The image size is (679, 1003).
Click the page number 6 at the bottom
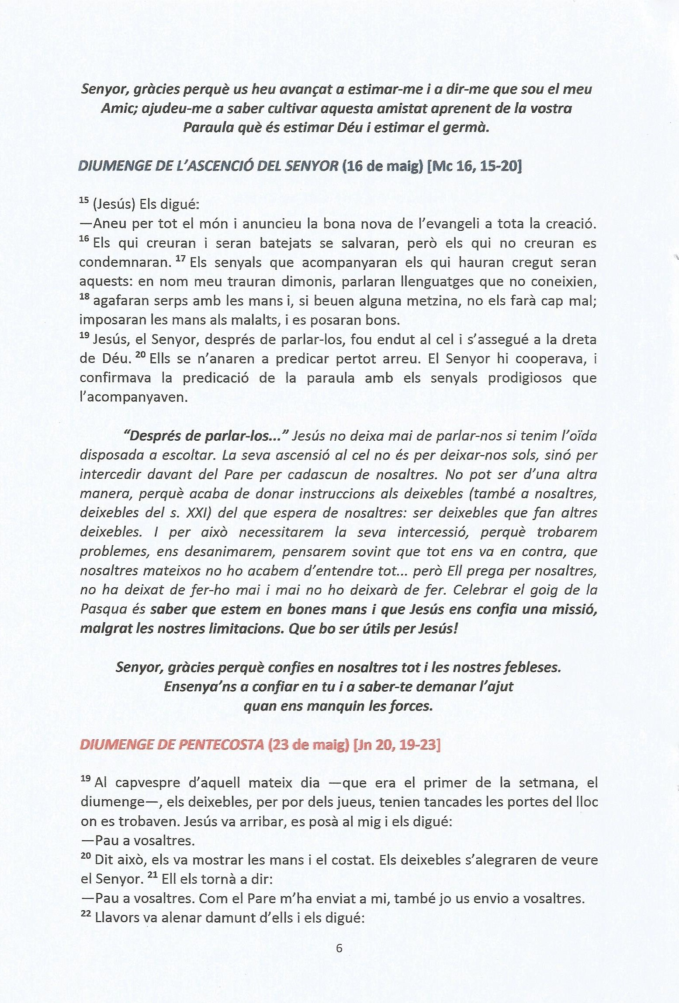(339, 948)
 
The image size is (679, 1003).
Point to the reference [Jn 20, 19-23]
(396, 745)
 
